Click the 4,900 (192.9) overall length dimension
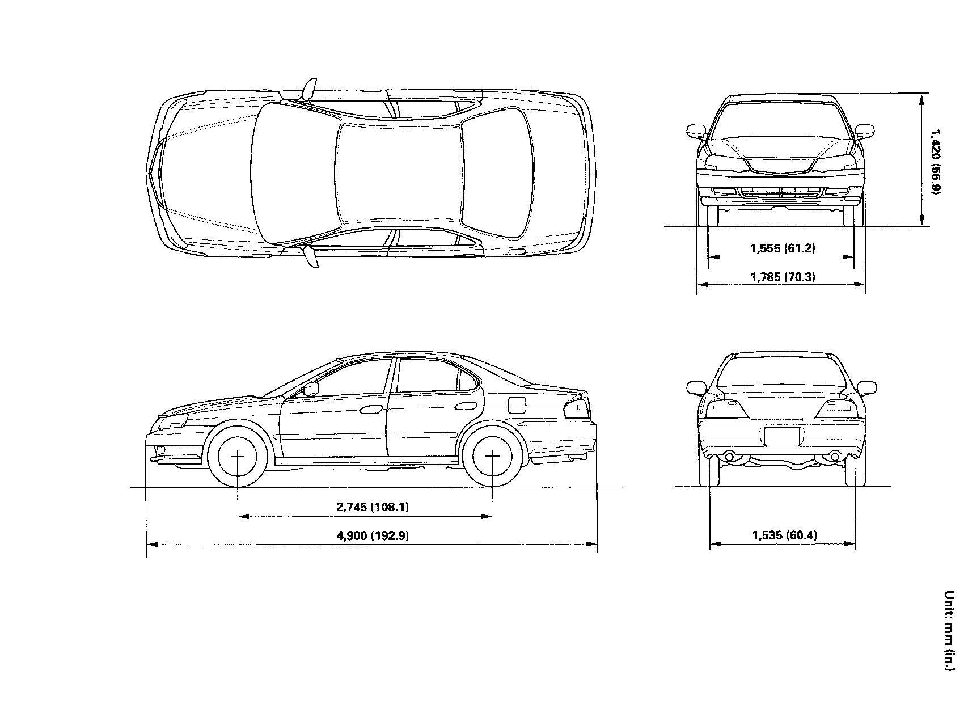coord(373,535)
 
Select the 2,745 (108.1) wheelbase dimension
coord(373,507)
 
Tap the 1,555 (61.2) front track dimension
coord(783,248)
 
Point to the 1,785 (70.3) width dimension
coord(783,277)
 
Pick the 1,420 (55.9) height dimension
coord(935,161)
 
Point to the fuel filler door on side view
coord(517,405)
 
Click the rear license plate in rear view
coord(782,437)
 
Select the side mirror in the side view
coord(311,389)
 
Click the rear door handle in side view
coord(467,406)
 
